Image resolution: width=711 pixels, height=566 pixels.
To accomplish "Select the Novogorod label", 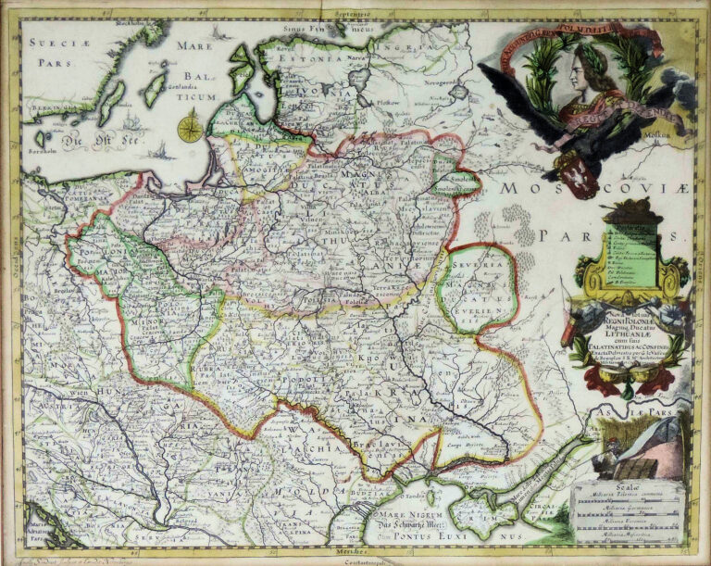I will coord(442,82).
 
